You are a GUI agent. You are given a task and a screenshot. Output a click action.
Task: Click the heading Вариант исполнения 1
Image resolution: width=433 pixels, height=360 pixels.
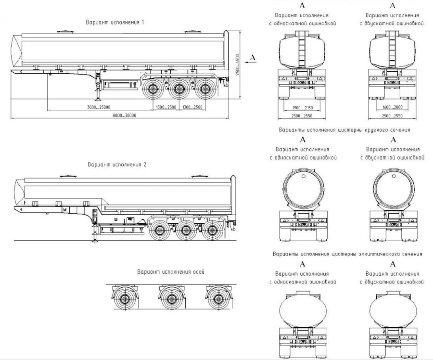115,22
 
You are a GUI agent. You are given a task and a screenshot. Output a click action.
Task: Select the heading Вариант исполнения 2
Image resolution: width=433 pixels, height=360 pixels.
116,164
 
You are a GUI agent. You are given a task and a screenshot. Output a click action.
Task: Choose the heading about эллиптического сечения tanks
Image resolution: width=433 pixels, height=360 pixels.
347,254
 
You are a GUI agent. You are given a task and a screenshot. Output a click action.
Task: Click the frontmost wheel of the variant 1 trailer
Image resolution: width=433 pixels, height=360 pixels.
153,89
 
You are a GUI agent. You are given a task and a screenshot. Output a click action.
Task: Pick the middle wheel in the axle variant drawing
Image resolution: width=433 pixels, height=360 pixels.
170,298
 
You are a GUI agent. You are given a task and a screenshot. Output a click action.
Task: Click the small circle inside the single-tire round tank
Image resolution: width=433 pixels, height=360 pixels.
304,176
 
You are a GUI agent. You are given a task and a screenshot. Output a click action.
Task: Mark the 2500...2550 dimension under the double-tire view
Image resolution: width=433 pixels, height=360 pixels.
393,117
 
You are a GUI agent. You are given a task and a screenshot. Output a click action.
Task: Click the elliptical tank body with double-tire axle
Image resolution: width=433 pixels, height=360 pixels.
393,310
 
